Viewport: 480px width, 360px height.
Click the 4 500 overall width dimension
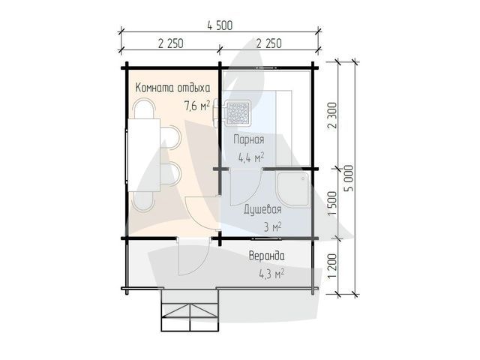tap(220, 25)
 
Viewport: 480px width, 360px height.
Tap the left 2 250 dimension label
tap(171, 43)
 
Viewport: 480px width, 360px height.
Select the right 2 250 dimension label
tap(268, 43)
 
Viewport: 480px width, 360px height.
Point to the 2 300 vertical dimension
tap(332, 115)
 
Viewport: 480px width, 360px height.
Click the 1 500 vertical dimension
tap(332, 203)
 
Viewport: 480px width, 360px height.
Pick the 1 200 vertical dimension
tap(332, 265)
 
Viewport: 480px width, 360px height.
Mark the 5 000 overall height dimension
tap(349, 178)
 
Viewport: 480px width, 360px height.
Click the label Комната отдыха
tap(172, 88)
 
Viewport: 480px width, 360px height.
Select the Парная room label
tap(248, 139)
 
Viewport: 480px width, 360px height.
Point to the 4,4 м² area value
tap(251, 157)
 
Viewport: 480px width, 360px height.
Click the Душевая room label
tap(262, 210)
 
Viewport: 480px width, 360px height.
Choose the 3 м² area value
tap(272, 227)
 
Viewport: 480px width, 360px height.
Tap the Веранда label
tap(266, 256)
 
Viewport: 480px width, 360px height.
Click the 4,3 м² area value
tap(271, 273)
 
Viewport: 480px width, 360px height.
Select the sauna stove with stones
tap(237, 113)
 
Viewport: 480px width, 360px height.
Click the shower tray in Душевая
tap(293, 190)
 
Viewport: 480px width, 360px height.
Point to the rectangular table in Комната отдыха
tap(144, 155)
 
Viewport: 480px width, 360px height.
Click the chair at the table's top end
tap(143, 109)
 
